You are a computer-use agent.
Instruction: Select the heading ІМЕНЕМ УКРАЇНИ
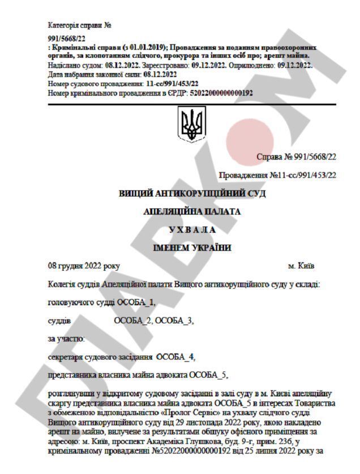[x=192, y=248]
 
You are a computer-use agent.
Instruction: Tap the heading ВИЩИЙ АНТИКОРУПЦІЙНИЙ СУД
[x=192, y=194]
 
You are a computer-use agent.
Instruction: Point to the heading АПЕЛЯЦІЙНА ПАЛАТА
[x=192, y=212]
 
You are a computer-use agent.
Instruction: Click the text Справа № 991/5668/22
[x=296, y=156]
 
